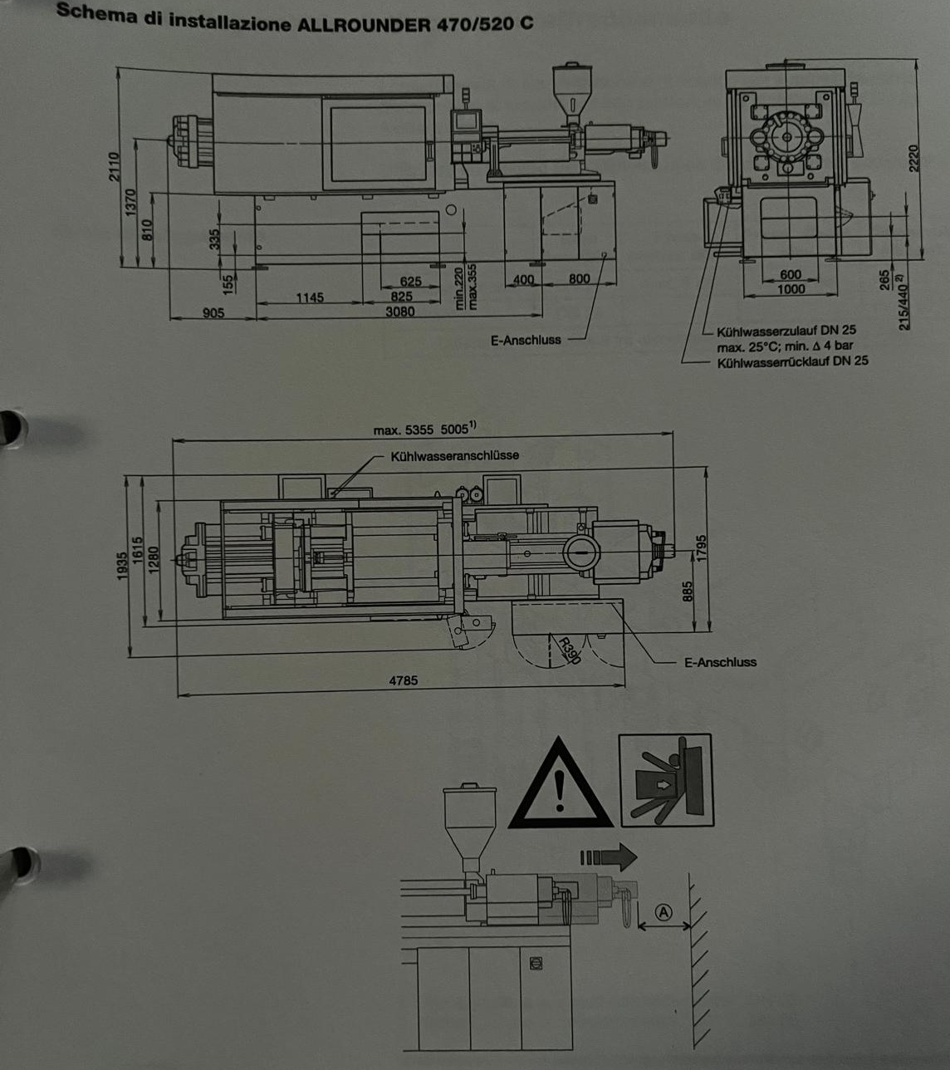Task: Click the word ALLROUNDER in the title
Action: tap(365, 24)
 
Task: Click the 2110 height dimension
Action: tap(114, 166)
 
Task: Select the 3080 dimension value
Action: tap(399, 312)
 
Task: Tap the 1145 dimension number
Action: tap(310, 298)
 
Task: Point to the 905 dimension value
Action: tap(214, 312)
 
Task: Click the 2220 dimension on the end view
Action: tap(913, 157)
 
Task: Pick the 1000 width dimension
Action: tap(791, 289)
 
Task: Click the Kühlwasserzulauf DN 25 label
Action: tap(786, 331)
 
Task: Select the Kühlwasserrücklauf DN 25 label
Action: tap(792, 361)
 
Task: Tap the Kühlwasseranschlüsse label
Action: tap(455, 455)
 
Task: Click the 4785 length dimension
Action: tap(404, 680)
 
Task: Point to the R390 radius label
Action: tap(570, 650)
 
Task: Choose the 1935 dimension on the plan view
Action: tap(123, 566)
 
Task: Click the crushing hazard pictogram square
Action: tap(666, 780)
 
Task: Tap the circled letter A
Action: tap(664, 911)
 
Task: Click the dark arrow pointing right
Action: tap(609, 856)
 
